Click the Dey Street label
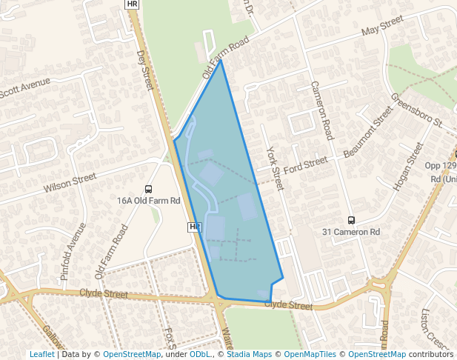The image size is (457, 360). (x=144, y=70)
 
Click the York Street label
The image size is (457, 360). (x=275, y=167)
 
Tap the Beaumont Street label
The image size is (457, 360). (x=368, y=132)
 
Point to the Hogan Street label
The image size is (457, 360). (x=407, y=167)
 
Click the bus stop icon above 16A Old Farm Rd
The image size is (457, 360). (x=149, y=190)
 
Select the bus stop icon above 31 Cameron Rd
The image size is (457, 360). (x=351, y=220)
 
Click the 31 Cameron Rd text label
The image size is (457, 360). (x=351, y=232)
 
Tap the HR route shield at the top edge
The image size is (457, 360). (x=132, y=4)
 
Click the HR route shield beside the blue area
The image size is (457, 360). (x=194, y=227)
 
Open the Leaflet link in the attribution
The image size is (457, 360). (x=42, y=355)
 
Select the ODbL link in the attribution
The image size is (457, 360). (x=200, y=355)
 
